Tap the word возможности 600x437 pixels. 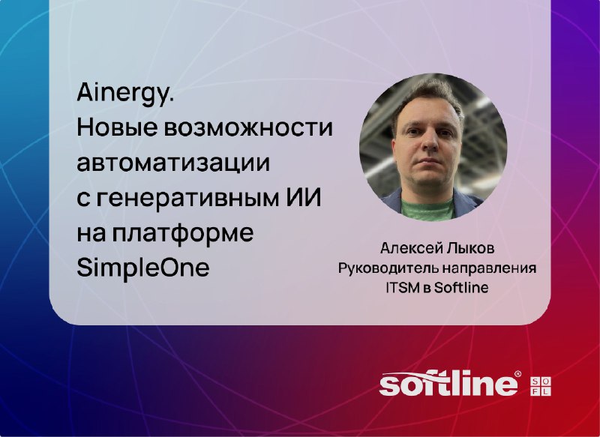click(x=248, y=128)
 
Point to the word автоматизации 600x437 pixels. click(x=173, y=163)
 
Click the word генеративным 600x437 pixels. click(x=187, y=199)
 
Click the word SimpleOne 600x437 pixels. click(x=143, y=268)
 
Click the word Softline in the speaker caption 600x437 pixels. click(x=461, y=288)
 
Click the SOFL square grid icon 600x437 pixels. click(x=541, y=386)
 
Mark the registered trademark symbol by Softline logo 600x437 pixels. click(x=517, y=373)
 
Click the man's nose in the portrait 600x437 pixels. click(x=431, y=142)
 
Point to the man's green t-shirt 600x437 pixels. click(x=427, y=210)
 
